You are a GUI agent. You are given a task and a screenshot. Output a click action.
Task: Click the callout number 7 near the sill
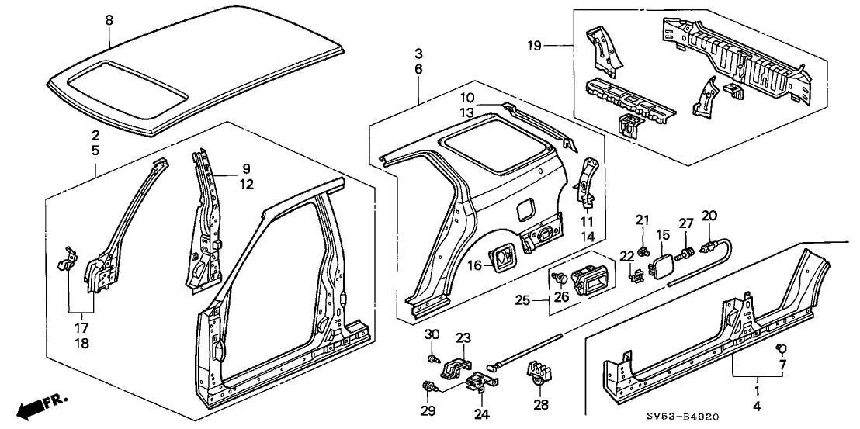pos(782,364)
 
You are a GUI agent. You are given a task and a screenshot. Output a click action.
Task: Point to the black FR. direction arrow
pos(36,406)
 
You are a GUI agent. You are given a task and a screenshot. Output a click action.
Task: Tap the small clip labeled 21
pos(643,248)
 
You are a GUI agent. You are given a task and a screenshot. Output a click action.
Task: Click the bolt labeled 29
pos(427,386)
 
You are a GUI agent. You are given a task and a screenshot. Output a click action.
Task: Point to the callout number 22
pos(626,256)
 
